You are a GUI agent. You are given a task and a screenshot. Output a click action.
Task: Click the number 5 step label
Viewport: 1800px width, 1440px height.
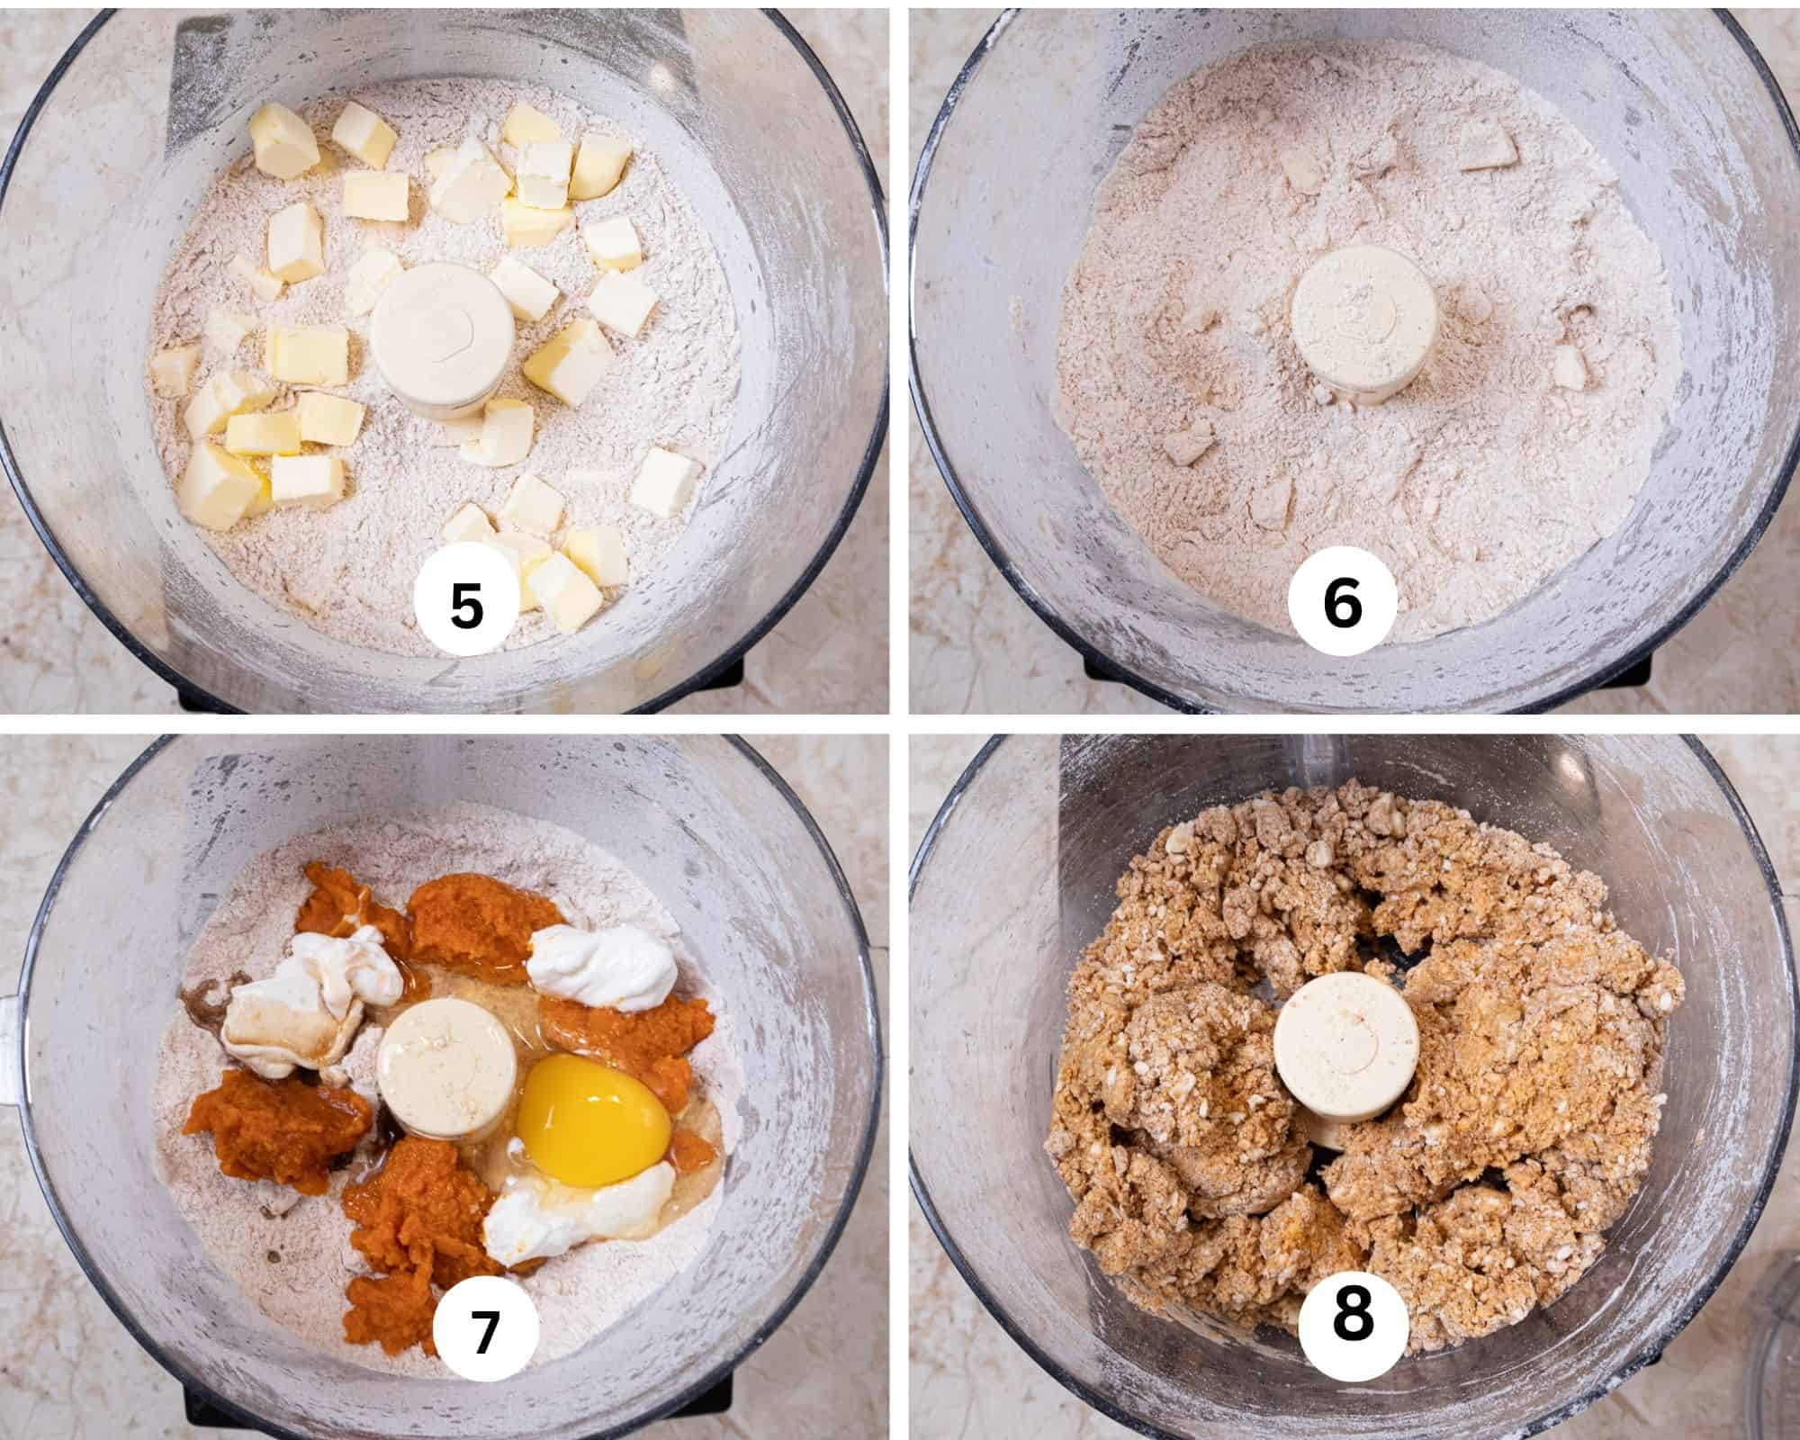tap(466, 606)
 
